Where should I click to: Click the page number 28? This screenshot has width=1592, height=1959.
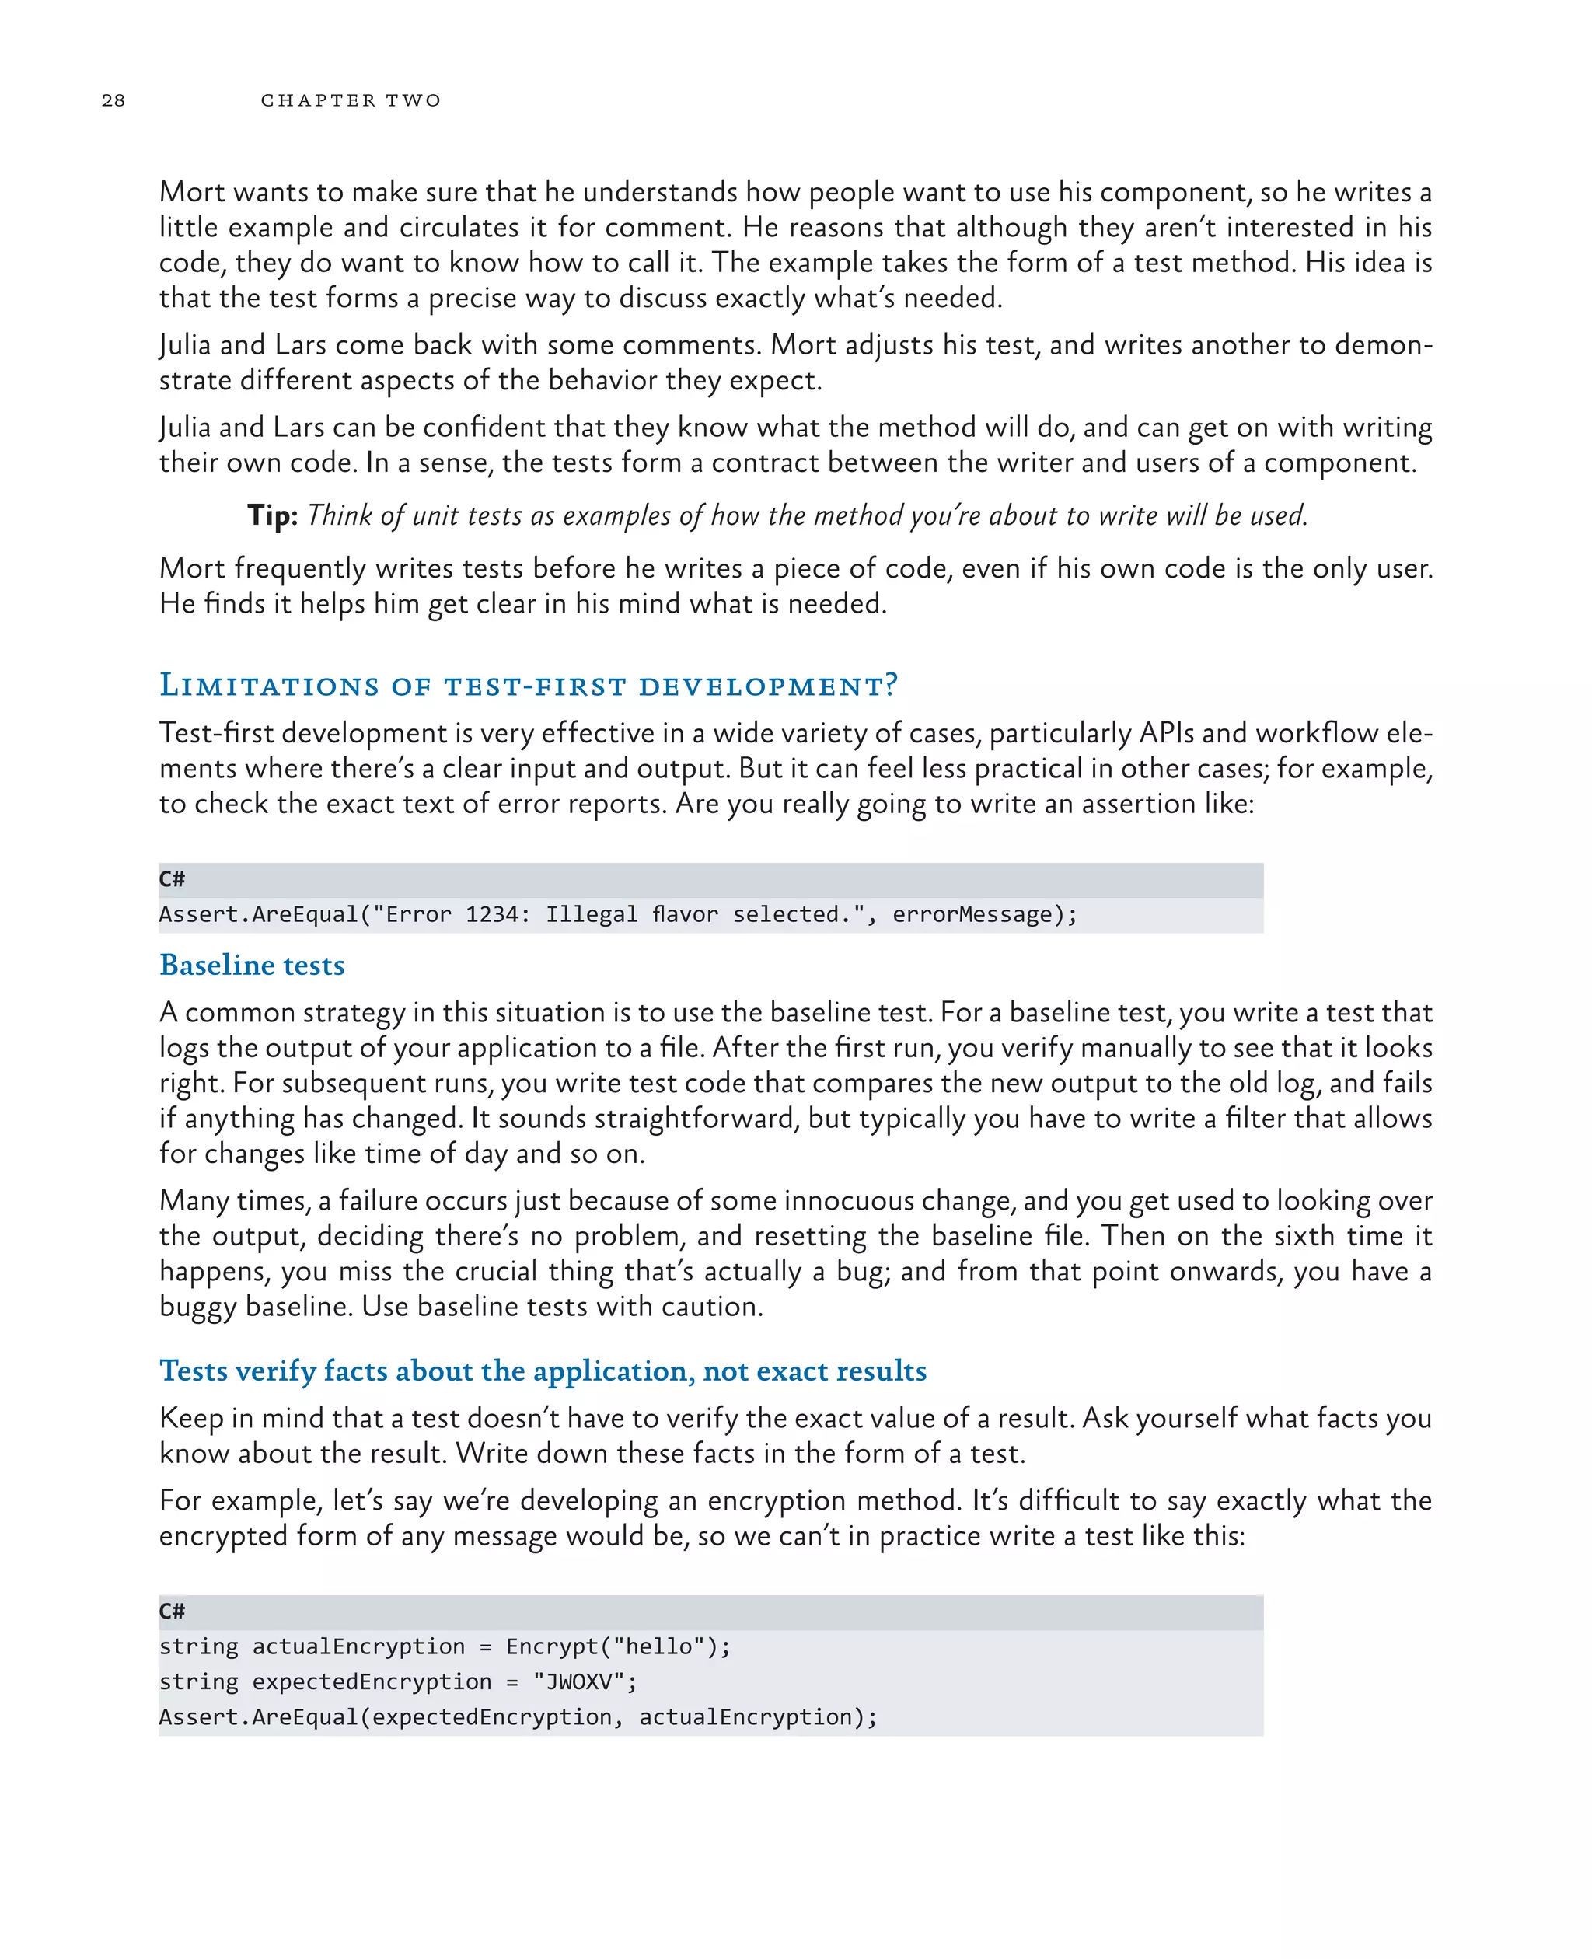click(113, 100)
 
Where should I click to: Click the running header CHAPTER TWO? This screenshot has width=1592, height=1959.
click(351, 100)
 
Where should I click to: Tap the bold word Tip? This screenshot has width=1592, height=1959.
click(272, 515)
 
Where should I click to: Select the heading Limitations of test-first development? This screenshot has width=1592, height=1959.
click(529, 685)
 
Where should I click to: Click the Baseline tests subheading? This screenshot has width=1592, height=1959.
click(252, 965)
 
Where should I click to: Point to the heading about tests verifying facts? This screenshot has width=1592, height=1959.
click(543, 1371)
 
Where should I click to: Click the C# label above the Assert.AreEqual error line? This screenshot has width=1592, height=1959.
click(172, 879)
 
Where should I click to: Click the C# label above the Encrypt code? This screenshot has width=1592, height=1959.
click(172, 1612)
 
